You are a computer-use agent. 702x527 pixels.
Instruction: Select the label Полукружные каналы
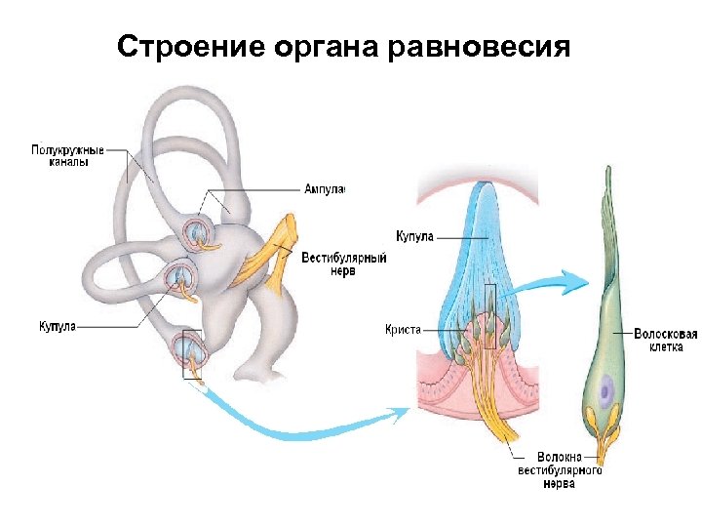pos(67,157)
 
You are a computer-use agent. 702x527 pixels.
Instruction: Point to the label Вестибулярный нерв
pos(343,264)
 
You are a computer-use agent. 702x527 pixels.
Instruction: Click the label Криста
pos(403,330)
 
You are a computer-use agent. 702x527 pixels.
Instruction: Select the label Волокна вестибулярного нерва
pos(559,470)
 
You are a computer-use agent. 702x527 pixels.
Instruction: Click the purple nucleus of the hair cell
pos(606,393)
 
